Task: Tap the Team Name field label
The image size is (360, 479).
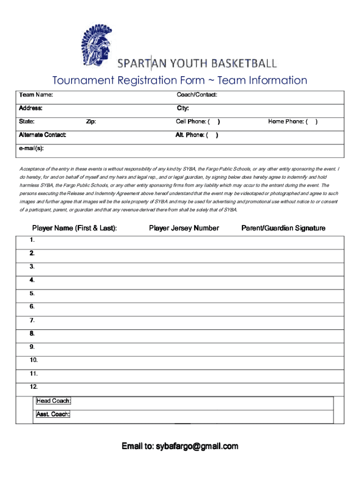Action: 36,95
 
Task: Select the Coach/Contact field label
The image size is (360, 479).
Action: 196,95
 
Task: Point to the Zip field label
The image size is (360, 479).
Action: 91,122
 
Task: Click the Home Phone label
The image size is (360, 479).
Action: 288,122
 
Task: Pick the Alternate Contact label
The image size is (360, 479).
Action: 42,135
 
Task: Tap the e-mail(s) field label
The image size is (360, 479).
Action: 32,148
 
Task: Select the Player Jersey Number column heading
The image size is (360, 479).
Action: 184,228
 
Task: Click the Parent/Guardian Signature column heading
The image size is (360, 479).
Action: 283,228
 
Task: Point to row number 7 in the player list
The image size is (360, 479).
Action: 32,320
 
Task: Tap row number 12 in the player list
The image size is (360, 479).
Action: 33,387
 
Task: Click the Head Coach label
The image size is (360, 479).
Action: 54,401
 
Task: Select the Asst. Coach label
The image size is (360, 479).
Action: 53,414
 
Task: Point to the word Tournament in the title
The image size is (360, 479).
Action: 83,80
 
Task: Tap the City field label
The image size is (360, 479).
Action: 182,109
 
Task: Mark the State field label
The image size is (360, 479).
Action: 26,122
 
